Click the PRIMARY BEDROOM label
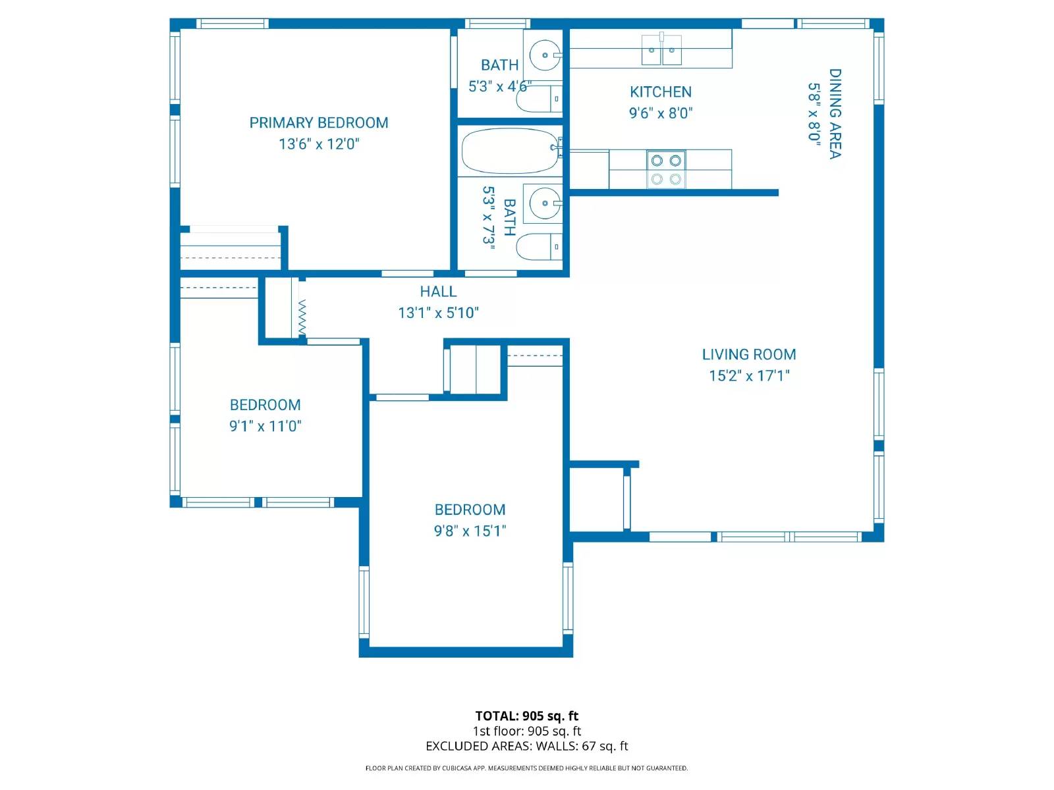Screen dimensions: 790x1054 coord(319,123)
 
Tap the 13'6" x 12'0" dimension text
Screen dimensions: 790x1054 coord(319,144)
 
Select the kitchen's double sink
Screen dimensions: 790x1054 coord(661,50)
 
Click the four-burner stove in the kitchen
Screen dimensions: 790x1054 coord(666,169)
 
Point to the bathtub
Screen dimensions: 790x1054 coord(510,151)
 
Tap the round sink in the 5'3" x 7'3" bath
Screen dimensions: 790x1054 coord(545,203)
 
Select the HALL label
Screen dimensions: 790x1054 coord(438,292)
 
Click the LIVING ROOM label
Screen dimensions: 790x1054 coord(749,355)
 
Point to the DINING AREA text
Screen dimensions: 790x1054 coord(835,114)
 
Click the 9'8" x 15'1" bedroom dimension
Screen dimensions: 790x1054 coord(470,531)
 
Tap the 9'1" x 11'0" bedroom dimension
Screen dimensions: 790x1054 coord(265,426)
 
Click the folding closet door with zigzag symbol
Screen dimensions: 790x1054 coord(302,317)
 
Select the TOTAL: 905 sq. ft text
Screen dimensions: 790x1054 coord(526,716)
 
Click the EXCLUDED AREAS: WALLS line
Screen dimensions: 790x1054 coord(526,746)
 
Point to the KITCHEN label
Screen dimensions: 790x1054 coord(661,92)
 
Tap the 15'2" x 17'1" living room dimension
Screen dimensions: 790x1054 coord(749,376)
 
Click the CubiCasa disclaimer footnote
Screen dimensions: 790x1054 coord(526,768)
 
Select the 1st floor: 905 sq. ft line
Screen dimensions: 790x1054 coord(526,731)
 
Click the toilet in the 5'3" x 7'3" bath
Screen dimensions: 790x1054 coord(539,247)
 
